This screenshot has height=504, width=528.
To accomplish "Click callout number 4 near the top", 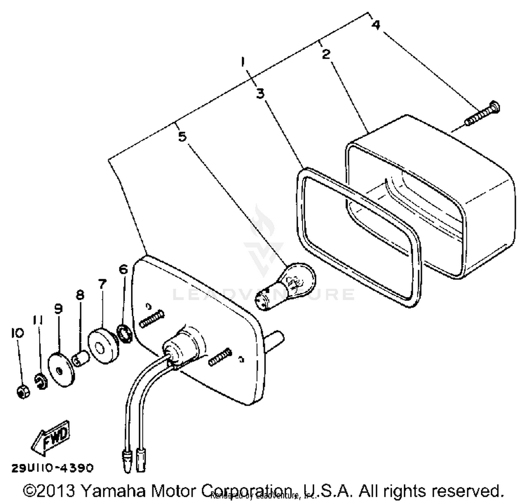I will (x=376, y=25).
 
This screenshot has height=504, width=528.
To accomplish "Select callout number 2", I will (x=326, y=54).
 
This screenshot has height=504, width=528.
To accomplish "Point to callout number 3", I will (x=260, y=94).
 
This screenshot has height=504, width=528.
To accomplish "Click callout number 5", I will (x=182, y=136).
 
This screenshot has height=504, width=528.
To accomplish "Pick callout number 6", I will (x=123, y=270).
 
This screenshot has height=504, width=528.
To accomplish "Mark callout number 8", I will (x=80, y=295).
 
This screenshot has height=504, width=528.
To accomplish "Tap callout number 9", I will (x=58, y=309).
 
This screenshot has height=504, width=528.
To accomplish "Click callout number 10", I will (x=17, y=333).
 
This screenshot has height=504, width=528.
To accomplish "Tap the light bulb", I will (x=285, y=285).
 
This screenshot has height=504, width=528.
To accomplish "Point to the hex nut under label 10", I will (x=23, y=391).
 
